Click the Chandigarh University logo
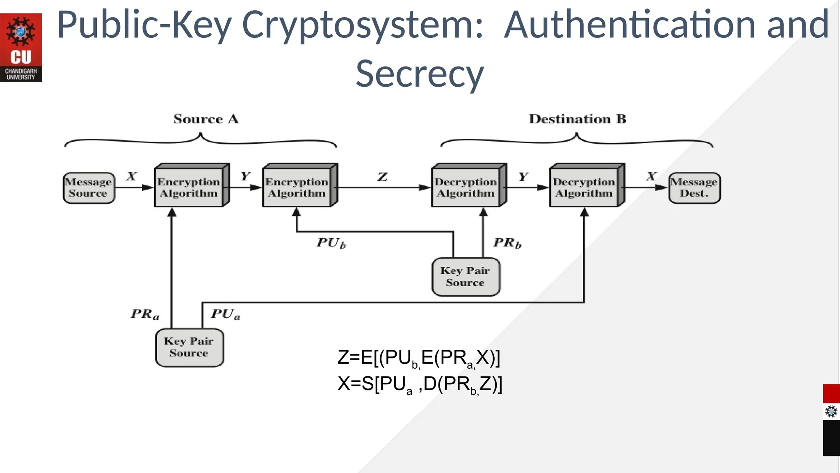(x=21, y=47)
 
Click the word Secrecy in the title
(x=420, y=74)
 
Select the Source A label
(x=205, y=119)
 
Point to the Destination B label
(x=577, y=119)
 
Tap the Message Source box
(x=89, y=188)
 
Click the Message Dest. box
(x=694, y=188)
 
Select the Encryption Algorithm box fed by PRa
(x=189, y=187)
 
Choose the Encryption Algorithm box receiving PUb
(x=297, y=187)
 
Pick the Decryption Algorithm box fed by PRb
(x=466, y=187)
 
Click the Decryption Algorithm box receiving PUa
(x=584, y=187)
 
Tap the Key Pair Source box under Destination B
(x=466, y=277)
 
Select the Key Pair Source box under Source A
(x=189, y=347)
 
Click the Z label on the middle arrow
(x=382, y=177)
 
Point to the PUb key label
(x=331, y=243)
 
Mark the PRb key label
(x=507, y=243)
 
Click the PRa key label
(x=145, y=315)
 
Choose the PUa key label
(x=226, y=315)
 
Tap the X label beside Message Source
(x=131, y=177)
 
